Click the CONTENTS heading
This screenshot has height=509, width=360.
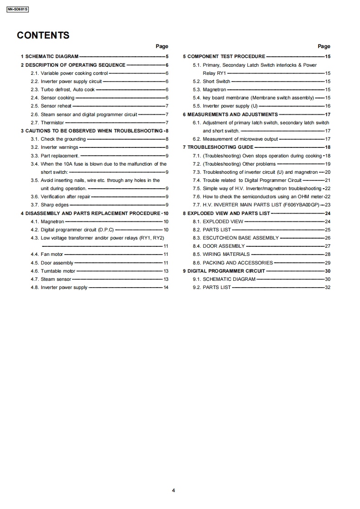tap(43, 35)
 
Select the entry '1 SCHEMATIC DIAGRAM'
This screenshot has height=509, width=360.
tap(49, 57)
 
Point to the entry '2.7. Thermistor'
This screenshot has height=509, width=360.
tap(47, 122)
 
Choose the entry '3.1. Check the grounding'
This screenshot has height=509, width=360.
tap(58, 139)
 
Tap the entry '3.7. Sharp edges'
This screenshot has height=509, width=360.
tap(49, 205)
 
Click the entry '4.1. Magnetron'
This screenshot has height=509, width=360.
tap(48, 221)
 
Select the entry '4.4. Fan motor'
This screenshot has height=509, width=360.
tap(47, 254)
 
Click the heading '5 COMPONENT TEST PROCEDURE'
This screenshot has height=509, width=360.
tap(224, 57)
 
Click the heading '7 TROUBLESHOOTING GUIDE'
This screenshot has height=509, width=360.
tap(218, 147)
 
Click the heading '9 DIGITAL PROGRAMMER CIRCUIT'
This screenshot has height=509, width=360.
tap(224, 271)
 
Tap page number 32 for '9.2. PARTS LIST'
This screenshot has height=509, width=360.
tap(328, 287)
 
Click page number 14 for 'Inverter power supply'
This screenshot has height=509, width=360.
tap(166, 287)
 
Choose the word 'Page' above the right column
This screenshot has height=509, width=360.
tap(324, 46)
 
